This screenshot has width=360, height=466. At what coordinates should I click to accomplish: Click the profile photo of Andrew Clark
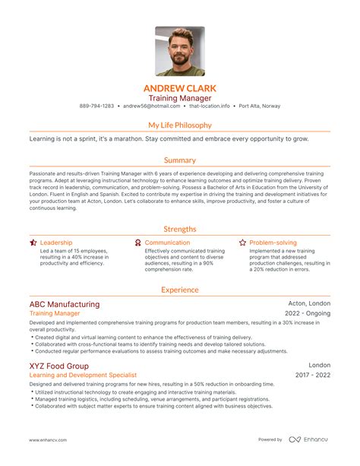(x=179, y=52)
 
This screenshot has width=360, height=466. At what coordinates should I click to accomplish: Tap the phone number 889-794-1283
(x=96, y=106)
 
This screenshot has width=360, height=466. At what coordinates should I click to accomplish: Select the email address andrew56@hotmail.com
(x=151, y=106)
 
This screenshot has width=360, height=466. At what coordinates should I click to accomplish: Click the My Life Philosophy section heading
(x=180, y=125)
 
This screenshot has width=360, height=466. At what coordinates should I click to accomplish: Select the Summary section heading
(x=180, y=160)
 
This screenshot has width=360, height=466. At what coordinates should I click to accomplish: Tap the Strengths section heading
(x=180, y=229)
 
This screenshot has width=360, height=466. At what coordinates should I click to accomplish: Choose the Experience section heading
(x=180, y=290)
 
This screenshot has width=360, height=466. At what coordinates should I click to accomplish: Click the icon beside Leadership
(x=33, y=243)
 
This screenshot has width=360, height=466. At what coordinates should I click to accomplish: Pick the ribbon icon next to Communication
(x=137, y=243)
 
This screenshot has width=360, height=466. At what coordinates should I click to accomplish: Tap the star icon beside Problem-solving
(x=242, y=243)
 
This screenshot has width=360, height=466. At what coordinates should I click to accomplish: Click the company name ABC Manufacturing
(x=64, y=304)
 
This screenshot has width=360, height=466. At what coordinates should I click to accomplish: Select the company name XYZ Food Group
(x=58, y=365)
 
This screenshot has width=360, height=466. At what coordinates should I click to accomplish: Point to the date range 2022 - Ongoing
(x=308, y=313)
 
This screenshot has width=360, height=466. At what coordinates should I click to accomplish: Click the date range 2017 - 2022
(x=312, y=375)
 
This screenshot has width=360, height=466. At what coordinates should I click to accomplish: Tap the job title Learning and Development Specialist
(x=83, y=375)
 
